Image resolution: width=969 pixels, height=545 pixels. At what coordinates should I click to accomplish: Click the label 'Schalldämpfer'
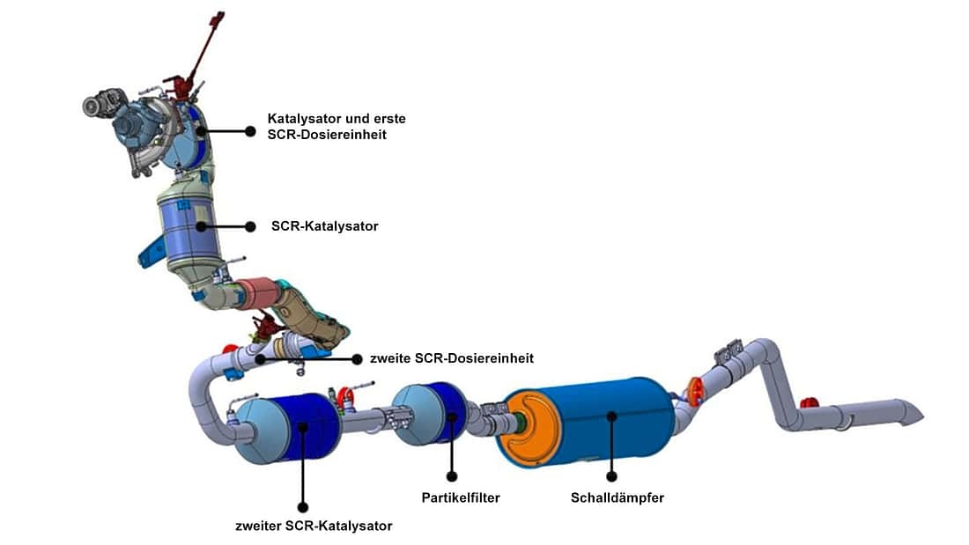click(x=617, y=498)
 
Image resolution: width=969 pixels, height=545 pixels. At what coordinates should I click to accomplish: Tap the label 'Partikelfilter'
click(x=461, y=498)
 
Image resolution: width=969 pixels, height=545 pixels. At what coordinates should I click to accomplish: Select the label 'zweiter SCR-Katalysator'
click(x=314, y=527)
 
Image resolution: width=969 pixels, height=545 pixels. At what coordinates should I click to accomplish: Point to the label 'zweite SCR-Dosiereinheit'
click(x=452, y=359)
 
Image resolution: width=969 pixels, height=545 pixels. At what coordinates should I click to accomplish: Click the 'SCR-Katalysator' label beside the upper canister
click(x=325, y=226)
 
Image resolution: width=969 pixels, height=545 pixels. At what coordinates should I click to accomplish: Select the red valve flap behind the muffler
click(x=696, y=390)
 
